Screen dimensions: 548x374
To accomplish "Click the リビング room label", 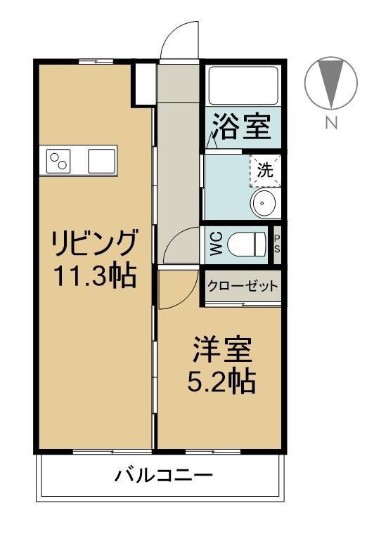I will click(x=93, y=243).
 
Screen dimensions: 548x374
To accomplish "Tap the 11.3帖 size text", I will click(x=94, y=275).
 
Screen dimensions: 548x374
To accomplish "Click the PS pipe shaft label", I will click(x=277, y=244).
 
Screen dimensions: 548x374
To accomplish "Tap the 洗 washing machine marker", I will click(x=265, y=169).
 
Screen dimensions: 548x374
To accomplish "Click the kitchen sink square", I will click(x=101, y=162).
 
